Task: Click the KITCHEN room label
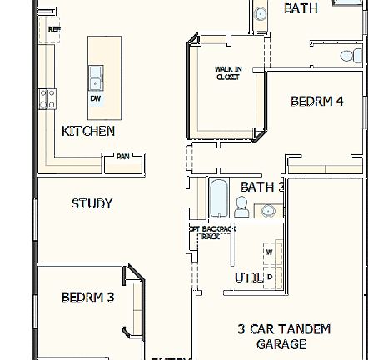pyautogui.click(x=88, y=131)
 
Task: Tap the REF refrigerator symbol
pyautogui.click(x=54, y=28)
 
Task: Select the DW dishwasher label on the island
pyautogui.click(x=95, y=98)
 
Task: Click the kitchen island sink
pyautogui.click(x=97, y=77)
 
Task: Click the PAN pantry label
pyautogui.click(x=122, y=155)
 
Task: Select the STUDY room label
pyautogui.click(x=92, y=203)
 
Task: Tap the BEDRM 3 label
pyautogui.click(x=87, y=297)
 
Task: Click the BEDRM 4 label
pyautogui.click(x=316, y=102)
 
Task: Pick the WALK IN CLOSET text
pyautogui.click(x=227, y=72)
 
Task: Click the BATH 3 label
pyautogui.click(x=261, y=188)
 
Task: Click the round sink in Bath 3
pyautogui.click(x=271, y=212)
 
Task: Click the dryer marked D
pyautogui.click(x=269, y=272)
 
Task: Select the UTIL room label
pyautogui.click(x=247, y=277)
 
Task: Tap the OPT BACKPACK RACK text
pyautogui.click(x=212, y=230)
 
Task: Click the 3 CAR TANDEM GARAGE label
pyautogui.click(x=283, y=336)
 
